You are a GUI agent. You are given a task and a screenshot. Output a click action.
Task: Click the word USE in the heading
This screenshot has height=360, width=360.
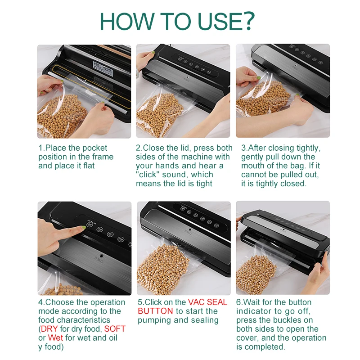click(x=220, y=21)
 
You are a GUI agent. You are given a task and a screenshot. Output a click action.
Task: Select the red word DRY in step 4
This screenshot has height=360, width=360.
click(x=49, y=329)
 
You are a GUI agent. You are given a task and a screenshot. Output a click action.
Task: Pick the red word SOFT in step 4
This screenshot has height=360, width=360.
click(x=115, y=329)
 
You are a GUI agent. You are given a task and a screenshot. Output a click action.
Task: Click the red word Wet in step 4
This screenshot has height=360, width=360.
click(x=55, y=338)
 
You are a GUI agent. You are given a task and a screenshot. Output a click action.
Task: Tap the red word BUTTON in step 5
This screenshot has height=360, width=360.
click(x=155, y=311)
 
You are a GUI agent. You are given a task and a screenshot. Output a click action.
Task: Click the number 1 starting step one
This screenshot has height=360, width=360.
click(x=40, y=148)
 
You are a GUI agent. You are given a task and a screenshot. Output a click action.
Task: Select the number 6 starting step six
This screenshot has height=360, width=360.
click(x=238, y=302)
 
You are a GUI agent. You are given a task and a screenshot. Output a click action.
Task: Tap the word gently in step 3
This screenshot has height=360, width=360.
click(x=252, y=157)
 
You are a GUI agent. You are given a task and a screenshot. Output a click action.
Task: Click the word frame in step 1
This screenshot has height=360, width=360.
click(x=103, y=157)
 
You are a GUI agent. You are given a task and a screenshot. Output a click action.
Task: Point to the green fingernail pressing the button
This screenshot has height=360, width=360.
click(x=84, y=227)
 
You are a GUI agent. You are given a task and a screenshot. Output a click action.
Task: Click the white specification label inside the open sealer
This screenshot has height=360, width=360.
click(x=103, y=68)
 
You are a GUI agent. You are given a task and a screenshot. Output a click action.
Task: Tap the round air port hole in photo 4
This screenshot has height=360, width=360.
click(x=101, y=256)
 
